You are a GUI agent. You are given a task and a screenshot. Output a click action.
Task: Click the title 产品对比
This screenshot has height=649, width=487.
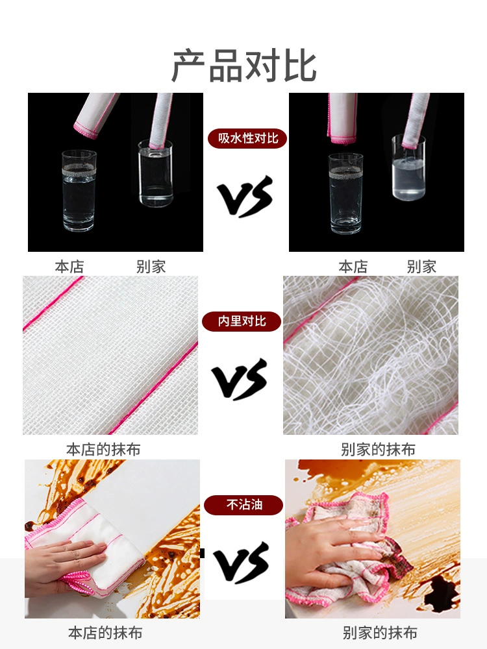click(244, 66)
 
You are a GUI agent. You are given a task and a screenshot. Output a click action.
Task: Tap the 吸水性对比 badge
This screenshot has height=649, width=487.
click(247, 138)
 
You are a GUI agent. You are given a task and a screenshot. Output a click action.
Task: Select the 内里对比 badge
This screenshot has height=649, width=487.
click(242, 321)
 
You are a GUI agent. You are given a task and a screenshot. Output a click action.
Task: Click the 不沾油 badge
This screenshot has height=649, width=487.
click(243, 504)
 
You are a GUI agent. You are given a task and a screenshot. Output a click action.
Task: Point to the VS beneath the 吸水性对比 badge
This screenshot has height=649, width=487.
click(245, 196)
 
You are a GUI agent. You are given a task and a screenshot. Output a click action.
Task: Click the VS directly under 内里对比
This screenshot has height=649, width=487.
click(240, 379)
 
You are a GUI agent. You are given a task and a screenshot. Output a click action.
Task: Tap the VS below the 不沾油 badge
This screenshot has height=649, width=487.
click(242, 563)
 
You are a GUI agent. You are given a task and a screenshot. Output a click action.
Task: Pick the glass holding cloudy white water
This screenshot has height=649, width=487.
click(408, 167)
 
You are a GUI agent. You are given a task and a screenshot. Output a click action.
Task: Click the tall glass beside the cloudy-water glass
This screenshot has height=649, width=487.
click(346, 193)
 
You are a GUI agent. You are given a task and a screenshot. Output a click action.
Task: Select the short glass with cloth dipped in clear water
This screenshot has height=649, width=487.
click(155, 173)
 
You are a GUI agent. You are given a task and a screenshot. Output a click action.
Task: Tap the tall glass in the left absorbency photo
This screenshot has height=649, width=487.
click(79, 191)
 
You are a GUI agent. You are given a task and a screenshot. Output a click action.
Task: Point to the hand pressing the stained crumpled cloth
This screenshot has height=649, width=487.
click(331, 550)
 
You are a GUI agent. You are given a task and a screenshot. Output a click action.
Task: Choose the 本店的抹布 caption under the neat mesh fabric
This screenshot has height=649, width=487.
click(103, 450)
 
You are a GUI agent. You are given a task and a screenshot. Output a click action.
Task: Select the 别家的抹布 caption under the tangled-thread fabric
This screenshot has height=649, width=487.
click(378, 450)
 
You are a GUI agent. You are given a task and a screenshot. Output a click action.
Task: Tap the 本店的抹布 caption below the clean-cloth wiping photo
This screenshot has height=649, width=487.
click(105, 633)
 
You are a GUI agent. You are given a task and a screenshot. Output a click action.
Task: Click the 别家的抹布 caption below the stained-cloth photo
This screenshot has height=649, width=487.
click(380, 633)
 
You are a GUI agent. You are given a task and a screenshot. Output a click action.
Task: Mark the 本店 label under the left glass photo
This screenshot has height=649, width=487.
click(69, 267)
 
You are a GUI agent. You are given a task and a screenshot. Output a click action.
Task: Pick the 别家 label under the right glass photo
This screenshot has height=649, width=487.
click(421, 267)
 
